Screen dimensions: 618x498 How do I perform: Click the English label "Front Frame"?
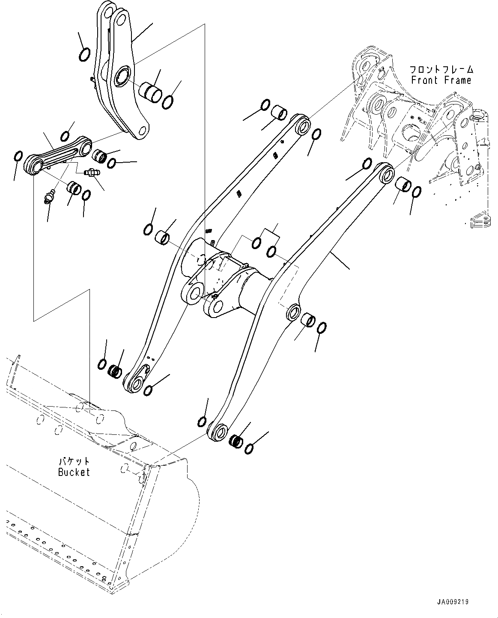[441, 80]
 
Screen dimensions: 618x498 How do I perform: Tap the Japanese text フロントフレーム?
[441, 69]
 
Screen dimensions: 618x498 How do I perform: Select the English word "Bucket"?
[74, 472]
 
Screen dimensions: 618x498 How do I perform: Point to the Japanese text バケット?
[74, 461]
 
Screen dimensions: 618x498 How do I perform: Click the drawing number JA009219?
[453, 602]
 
